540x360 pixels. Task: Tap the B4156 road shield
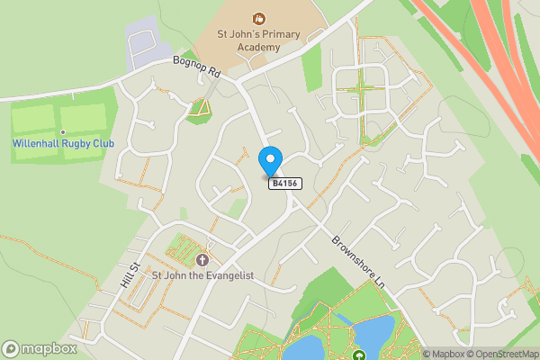[x=285, y=184]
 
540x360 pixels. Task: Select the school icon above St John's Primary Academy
[x=259, y=17]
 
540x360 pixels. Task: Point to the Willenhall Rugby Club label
[x=57, y=143]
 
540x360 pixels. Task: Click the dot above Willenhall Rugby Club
[x=63, y=132]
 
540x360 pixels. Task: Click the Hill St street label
[x=130, y=275]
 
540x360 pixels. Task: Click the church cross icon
[x=202, y=258]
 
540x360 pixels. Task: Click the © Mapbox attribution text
[x=445, y=354]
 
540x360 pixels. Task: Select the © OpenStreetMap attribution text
[x=502, y=354]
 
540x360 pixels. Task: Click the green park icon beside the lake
[x=357, y=355]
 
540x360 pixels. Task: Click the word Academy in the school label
[x=259, y=50]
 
